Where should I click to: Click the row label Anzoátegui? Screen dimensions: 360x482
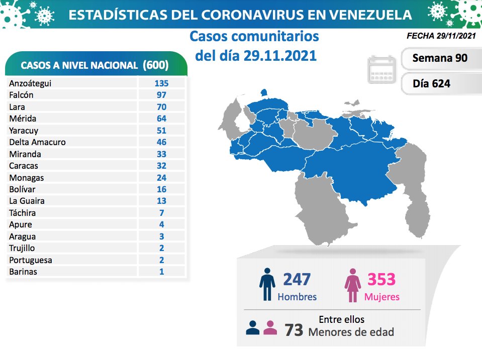[30, 83]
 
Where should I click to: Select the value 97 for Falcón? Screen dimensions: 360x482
[161, 95]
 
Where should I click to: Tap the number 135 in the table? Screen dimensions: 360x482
[161, 83]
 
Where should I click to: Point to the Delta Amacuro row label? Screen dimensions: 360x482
[37, 142]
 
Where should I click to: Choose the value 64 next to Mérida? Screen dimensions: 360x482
[161, 118]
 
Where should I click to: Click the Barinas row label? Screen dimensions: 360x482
[23, 272]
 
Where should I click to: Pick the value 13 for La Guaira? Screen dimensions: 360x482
[161, 201]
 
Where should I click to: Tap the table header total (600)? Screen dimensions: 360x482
[155, 65]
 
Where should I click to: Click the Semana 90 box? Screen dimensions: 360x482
[440, 58]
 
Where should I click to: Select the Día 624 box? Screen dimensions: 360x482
[431, 83]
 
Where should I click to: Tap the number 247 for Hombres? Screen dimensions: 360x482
[297, 279]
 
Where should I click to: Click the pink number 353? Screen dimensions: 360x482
[381, 279]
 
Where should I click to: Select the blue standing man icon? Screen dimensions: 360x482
[267, 284]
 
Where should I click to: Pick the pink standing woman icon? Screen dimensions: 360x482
[353, 284]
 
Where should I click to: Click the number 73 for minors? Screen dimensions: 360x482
[294, 330]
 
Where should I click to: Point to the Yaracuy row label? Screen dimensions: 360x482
[24, 131]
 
